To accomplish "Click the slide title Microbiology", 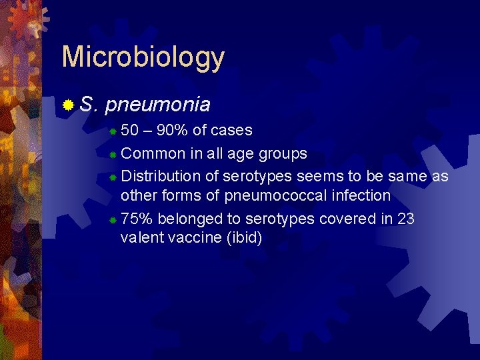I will click(x=143, y=58).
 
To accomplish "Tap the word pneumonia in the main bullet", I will click(x=157, y=105).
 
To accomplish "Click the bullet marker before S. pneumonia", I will click(x=67, y=105).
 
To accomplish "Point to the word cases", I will click(x=231, y=131).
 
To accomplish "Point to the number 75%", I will click(x=137, y=219).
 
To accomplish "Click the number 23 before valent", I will click(x=405, y=219).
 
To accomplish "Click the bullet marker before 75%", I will click(x=113, y=219).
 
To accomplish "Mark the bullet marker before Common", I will click(x=113, y=154).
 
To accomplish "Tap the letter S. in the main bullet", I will click(x=89, y=105).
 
